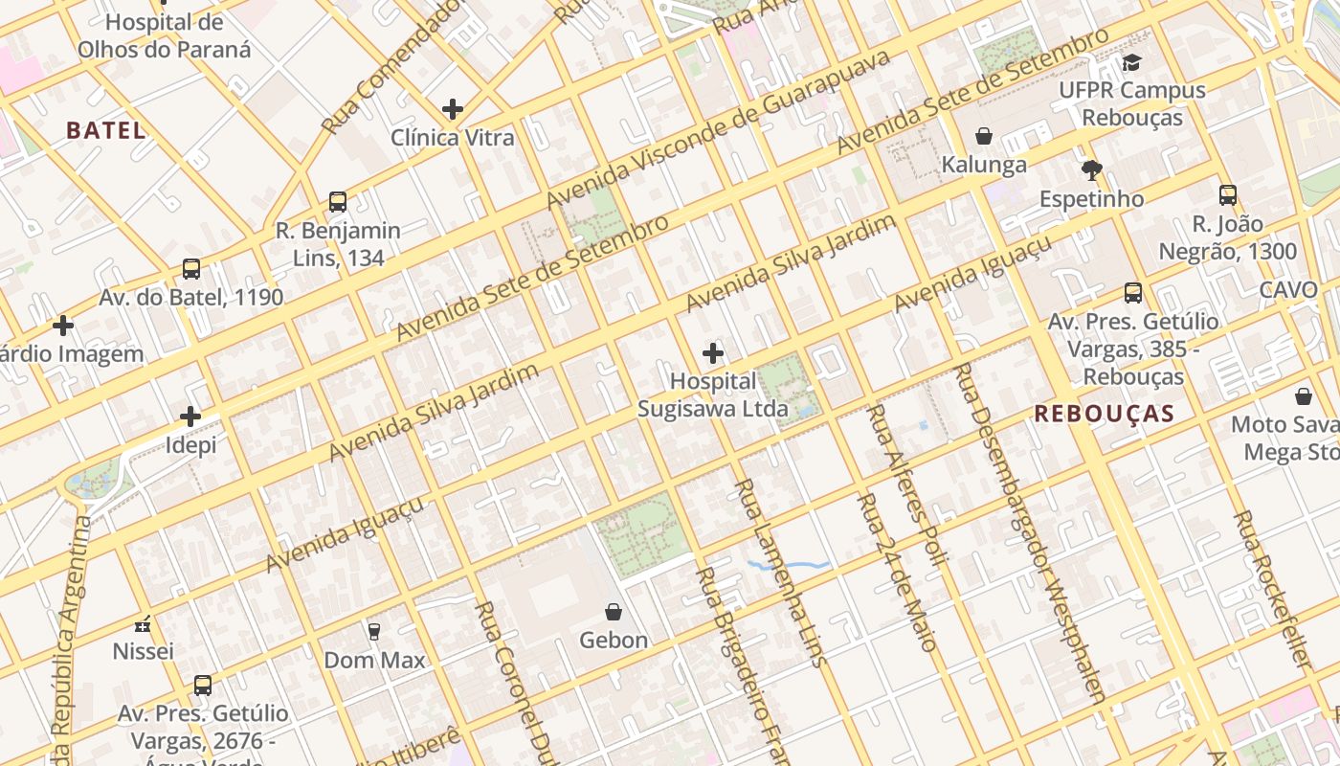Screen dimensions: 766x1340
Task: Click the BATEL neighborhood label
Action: click(x=105, y=131)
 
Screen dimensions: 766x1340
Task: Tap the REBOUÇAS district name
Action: click(x=1104, y=414)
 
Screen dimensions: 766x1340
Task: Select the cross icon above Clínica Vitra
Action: click(x=453, y=109)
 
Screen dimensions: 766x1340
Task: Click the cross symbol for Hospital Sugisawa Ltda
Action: click(x=713, y=353)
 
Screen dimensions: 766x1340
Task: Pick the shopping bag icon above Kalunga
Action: click(x=983, y=137)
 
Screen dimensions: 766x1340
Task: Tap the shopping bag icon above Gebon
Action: click(x=614, y=612)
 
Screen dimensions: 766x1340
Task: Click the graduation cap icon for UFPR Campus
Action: click(x=1132, y=63)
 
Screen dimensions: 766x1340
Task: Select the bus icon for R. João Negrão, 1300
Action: click(x=1228, y=195)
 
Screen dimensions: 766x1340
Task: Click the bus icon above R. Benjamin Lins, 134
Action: click(x=338, y=202)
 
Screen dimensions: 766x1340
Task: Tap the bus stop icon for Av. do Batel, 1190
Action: click(x=191, y=269)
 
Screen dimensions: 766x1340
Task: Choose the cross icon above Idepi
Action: click(x=190, y=417)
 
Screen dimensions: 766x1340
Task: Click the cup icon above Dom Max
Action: click(x=374, y=631)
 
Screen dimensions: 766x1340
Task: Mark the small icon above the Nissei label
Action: click(x=144, y=624)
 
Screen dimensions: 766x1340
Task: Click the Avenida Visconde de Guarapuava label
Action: click(x=718, y=128)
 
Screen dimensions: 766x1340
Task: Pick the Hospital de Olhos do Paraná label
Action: click(x=164, y=35)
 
